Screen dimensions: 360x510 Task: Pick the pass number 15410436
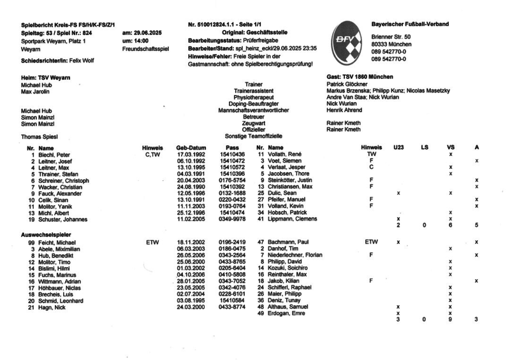click(232, 155)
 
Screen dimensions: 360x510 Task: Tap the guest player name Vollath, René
click(288, 155)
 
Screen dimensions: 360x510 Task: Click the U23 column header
click(398, 148)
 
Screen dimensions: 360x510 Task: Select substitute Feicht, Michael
click(59, 243)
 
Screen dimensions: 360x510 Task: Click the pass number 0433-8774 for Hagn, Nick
click(232, 307)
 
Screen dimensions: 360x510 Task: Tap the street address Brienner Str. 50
click(391, 38)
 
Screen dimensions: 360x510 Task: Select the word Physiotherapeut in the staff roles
click(253, 97)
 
